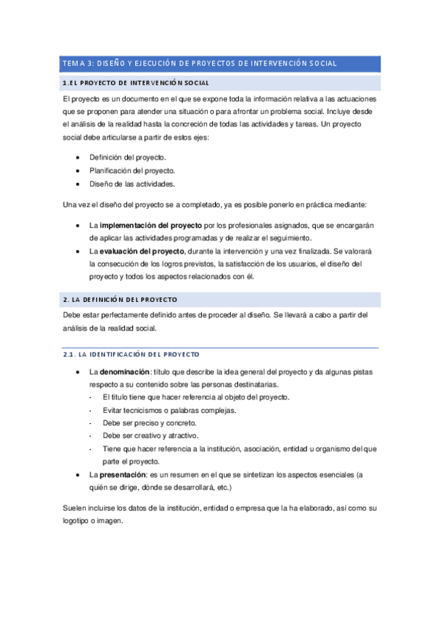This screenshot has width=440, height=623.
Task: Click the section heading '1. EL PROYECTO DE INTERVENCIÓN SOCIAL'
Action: pos(136,83)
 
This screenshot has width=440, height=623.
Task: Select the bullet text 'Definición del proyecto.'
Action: pos(128,158)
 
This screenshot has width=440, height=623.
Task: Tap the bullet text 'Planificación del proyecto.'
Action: pos(132,171)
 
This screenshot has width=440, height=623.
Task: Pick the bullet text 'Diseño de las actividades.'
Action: pos(132,184)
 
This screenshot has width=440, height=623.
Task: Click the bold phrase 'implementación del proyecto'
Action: pos(151,225)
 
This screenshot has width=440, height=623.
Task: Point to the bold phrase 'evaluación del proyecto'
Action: pos(143,251)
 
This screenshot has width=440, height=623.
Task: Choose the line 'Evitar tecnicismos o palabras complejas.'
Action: pos(169,410)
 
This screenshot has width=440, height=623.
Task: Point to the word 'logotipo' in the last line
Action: pos(79,521)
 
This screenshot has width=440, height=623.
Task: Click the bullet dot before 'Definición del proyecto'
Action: pos(79,158)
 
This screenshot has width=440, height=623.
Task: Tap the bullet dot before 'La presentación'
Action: pos(79,475)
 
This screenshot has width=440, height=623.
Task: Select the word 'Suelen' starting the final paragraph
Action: pos(75,508)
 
